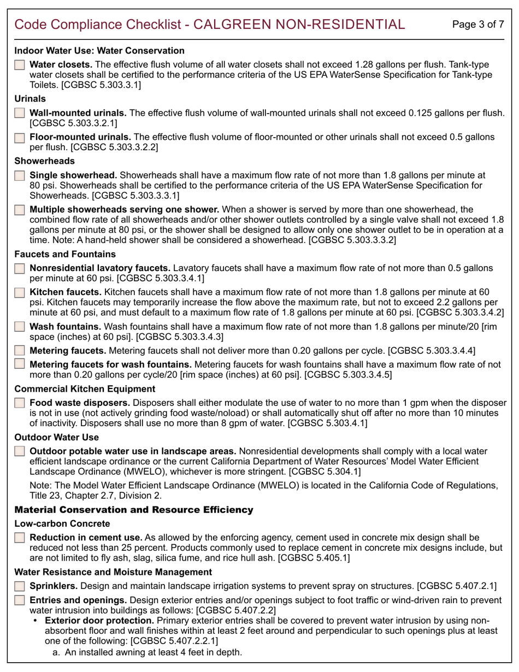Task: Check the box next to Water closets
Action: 20,65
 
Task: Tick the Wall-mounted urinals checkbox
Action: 20,113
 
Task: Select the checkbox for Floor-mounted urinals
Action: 20,137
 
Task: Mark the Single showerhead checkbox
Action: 20,176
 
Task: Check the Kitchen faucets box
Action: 20,292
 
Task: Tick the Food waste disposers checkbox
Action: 20,403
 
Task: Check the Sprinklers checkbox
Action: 20,586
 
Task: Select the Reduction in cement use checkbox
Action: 20,538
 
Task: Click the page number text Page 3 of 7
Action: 479,25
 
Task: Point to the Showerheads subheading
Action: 44,161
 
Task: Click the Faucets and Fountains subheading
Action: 64,254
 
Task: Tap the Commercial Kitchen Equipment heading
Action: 85,389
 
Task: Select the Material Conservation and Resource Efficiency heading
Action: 133,510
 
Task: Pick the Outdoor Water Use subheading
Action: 56,437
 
